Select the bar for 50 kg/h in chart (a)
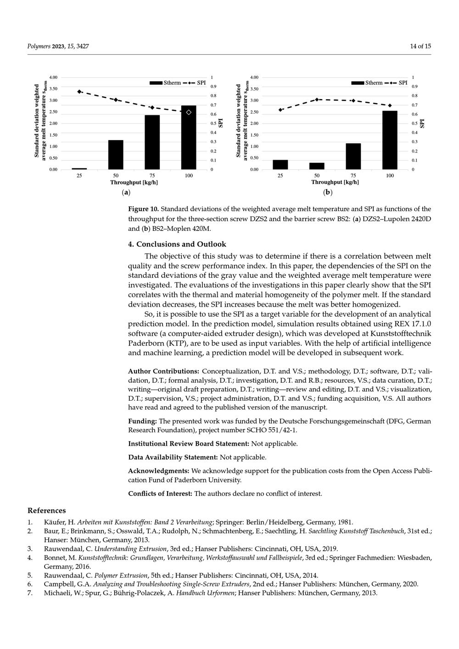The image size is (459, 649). coord(116,155)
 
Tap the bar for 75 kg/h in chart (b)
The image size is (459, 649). coord(353,157)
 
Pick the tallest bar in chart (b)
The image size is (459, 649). coord(390,140)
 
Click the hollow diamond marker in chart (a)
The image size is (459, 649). coord(189,112)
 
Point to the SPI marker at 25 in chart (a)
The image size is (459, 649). coord(79,92)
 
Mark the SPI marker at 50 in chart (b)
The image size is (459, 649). coord(317,100)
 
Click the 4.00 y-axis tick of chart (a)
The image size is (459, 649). coord(53,78)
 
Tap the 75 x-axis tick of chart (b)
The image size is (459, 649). coord(353,176)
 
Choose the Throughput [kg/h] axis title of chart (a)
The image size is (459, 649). coord(134,182)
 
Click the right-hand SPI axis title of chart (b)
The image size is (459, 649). coord(422,123)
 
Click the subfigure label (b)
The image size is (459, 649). coord(327,192)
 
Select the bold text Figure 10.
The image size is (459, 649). coord(143,209)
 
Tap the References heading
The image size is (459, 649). coord(46,510)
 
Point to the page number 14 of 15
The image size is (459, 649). coord(420,46)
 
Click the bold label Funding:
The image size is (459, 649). coord(142,421)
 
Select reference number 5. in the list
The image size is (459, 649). coord(30,575)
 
